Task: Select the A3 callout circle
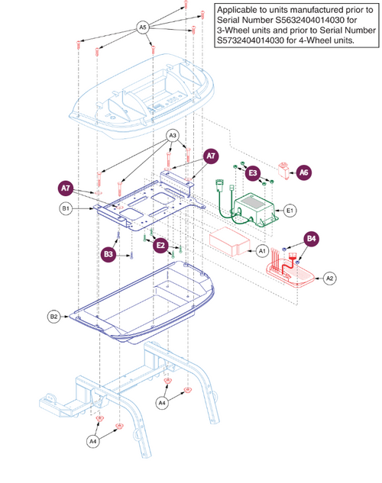click(x=173, y=136)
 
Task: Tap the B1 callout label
click(x=66, y=208)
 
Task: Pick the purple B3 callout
click(x=109, y=253)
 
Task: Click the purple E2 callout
click(x=160, y=245)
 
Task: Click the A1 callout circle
click(x=261, y=250)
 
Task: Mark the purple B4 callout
click(x=312, y=238)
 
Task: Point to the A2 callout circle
click(x=330, y=279)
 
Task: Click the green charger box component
click(x=258, y=209)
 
